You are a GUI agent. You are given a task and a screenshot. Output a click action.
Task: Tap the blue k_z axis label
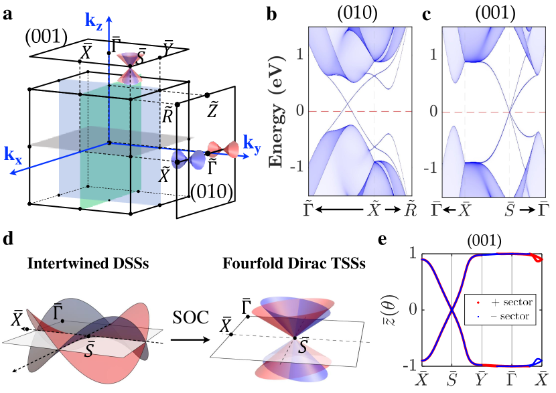tap(95, 21)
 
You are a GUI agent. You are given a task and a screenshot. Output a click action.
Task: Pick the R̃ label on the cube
tap(169, 115)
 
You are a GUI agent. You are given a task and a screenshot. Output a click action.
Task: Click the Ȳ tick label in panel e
tap(482, 378)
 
